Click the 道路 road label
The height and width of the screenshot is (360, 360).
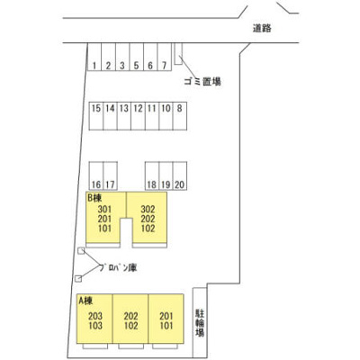point(262,28)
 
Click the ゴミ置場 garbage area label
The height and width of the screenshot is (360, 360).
point(202,81)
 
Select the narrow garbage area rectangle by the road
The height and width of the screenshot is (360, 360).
point(178,54)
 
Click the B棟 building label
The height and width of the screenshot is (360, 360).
point(94,198)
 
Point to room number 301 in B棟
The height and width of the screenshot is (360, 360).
point(104,210)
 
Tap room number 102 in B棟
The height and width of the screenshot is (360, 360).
point(148,229)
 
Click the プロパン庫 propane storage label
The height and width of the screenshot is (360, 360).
point(119,267)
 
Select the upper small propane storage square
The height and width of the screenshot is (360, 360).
point(81,251)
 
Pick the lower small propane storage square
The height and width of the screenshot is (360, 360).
point(78,279)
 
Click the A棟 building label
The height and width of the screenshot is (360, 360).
point(85,301)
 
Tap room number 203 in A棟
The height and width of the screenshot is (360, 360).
point(95,316)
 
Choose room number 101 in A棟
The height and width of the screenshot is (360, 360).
point(166,326)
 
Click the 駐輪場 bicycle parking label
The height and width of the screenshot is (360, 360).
point(200,323)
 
